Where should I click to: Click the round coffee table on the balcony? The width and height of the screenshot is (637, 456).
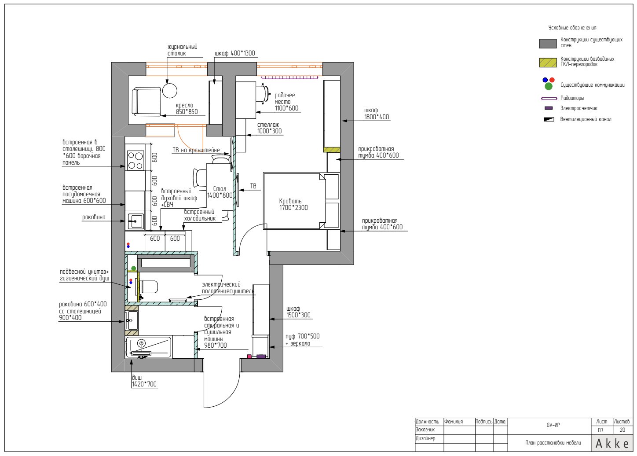[x=170, y=91]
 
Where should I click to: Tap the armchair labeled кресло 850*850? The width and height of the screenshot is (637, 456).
[x=146, y=102]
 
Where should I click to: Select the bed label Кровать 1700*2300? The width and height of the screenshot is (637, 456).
[x=293, y=204]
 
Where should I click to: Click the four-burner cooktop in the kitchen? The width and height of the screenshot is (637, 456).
[x=135, y=161]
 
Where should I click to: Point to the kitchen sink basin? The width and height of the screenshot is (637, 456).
[x=135, y=221]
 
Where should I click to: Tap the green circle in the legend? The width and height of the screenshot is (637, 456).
[x=549, y=86]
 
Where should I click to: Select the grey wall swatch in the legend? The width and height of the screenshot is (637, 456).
[x=548, y=44]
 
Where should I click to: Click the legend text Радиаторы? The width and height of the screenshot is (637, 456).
[x=572, y=98]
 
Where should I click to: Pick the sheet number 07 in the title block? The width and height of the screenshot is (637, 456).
[x=600, y=430]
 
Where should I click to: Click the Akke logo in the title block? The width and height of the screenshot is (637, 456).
[x=612, y=443]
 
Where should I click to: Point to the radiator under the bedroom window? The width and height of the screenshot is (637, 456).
[x=289, y=77]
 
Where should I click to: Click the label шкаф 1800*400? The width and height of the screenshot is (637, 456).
[x=377, y=114]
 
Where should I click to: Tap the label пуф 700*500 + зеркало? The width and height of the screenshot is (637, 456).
[x=302, y=340]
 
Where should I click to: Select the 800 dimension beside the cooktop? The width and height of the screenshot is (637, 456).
[x=154, y=157]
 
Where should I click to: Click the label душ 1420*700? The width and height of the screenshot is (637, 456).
[x=144, y=381]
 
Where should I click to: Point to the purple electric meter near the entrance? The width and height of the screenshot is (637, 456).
[x=261, y=356]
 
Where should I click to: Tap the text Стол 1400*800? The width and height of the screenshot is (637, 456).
[x=220, y=192]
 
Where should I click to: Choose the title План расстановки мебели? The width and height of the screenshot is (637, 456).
[x=553, y=443]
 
